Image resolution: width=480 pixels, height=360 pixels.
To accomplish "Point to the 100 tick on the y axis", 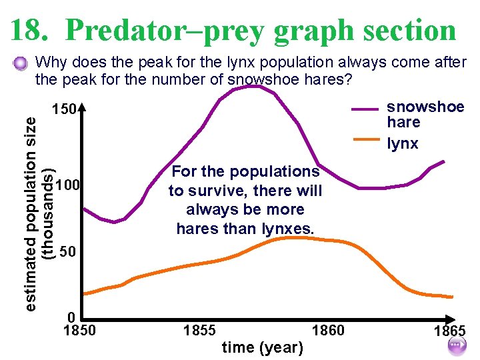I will click(67, 184).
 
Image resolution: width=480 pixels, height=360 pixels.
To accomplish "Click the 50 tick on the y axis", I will click(67, 252).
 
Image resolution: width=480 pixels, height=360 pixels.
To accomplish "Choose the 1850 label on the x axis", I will click(79, 331).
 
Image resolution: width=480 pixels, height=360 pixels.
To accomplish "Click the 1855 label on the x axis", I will click(199, 331).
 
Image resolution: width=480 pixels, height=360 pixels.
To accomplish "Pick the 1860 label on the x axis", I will click(328, 331).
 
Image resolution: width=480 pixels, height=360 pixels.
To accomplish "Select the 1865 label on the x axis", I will click(449, 332).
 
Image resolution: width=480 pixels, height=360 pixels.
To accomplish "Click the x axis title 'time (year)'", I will click(262, 347).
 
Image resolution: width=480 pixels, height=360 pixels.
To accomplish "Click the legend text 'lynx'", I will click(403, 144).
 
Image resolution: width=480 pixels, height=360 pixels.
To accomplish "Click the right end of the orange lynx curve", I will click(452, 297).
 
